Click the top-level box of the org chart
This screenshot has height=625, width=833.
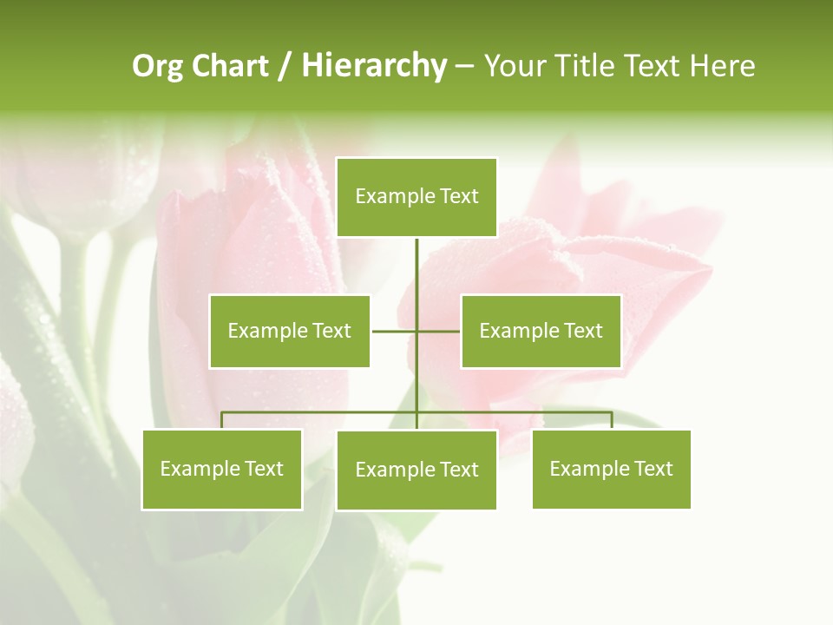[x=416, y=197]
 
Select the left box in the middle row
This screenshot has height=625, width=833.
[x=290, y=331]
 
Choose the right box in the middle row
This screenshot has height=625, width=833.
[x=541, y=331]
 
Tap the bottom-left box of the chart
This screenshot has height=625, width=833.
[x=222, y=469]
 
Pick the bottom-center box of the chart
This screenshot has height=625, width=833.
[x=416, y=470]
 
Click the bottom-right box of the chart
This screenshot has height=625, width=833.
[x=611, y=469]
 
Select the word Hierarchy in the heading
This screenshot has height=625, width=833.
[x=374, y=66]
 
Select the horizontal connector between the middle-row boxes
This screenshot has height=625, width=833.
[x=394, y=331]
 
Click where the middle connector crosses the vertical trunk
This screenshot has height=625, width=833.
[x=416, y=331]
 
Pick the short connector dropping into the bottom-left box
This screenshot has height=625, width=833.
[x=222, y=420]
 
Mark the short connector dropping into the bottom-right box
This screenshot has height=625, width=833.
[x=612, y=420]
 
